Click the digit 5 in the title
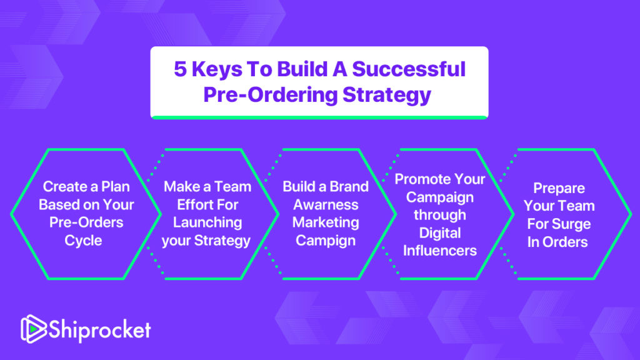click(181, 69)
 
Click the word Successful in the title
click(409, 69)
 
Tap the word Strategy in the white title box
click(386, 96)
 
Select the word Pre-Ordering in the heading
click(270, 96)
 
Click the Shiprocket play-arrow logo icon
click(34, 329)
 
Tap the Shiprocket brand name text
click(100, 329)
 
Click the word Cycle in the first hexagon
click(83, 241)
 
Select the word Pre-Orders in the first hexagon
click(86, 222)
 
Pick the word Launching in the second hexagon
click(207, 223)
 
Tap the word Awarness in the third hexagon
click(326, 204)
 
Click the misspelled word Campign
click(326, 241)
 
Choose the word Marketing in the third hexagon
click(326, 223)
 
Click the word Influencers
click(440, 251)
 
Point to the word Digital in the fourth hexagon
click(440, 234)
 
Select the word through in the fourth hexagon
click(440, 215)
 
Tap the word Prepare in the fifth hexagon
click(559, 189)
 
